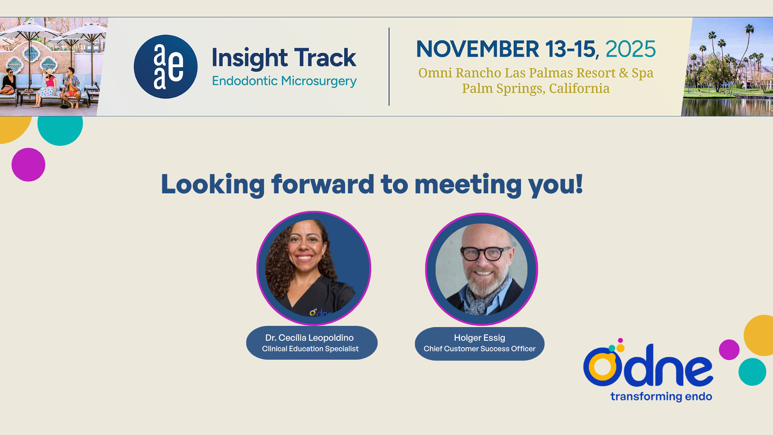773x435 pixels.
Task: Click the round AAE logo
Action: coord(165,66)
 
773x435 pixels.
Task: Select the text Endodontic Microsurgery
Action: coord(284,81)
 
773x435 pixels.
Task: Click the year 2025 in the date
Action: coord(630,49)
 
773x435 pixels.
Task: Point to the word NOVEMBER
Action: coord(477,49)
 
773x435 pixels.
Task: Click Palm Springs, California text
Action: coord(536,88)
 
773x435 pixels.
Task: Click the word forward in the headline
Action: coord(323,184)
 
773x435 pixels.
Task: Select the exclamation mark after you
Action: coord(579,183)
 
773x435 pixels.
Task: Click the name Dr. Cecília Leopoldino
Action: coord(310,338)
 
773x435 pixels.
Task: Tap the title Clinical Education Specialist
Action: coord(310,349)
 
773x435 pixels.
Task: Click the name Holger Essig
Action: coord(480,338)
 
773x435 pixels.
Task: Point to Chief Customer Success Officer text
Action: coord(480,349)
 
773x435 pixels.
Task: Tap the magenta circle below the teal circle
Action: coord(28,165)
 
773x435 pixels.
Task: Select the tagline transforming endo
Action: coord(661,397)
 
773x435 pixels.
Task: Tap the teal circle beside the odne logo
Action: coord(752,372)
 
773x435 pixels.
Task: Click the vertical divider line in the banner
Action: coord(389,66)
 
